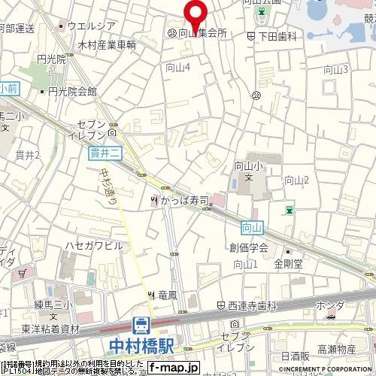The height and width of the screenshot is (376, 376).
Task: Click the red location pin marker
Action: click(196, 13)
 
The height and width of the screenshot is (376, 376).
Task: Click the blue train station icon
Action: click(141, 326)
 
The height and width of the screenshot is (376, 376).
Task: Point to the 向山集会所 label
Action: click(202, 34)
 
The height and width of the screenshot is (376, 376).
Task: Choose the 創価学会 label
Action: click(250, 247)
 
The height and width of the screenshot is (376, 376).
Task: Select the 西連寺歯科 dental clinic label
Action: click(252, 306)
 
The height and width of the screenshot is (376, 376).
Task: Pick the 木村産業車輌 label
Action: click(107, 45)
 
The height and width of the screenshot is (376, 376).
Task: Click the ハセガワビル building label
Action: click(93, 246)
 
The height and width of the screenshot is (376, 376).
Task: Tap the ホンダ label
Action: click(330, 306)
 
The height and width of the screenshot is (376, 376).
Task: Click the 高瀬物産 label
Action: click(336, 350)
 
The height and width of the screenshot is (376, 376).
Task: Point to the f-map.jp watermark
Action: click(173, 368)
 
